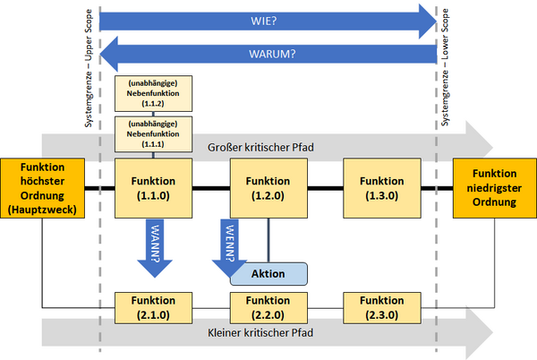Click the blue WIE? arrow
[x=268, y=21]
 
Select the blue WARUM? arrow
[x=268, y=54]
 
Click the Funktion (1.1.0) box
[x=153, y=188]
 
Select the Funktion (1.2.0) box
[x=268, y=188]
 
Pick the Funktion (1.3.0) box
[x=382, y=188]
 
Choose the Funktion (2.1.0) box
[x=153, y=308]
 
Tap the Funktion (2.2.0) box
[x=268, y=308]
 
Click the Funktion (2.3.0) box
[x=382, y=308]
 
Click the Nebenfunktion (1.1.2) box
[x=153, y=93]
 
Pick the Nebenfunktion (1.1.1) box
[x=153, y=134]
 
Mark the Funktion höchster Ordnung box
[x=42, y=188]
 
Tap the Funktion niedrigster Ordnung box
[x=495, y=188]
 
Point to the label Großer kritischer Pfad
[x=260, y=147]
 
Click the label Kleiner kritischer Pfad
[x=260, y=332]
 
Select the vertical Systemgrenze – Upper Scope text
[x=89, y=68]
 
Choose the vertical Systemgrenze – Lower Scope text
[x=445, y=67]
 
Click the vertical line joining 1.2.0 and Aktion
[x=268, y=241]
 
